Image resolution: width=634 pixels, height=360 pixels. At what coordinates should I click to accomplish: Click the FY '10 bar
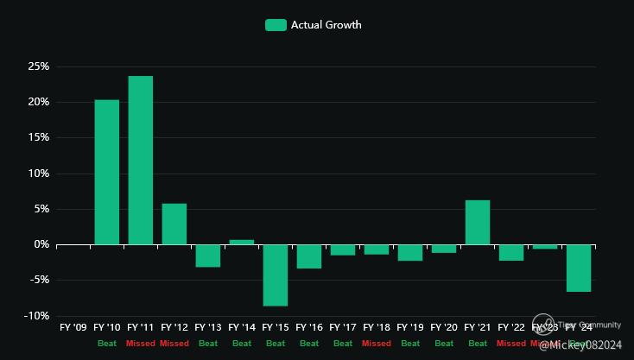107,172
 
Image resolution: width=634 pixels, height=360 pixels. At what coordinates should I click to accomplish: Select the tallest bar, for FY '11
141,161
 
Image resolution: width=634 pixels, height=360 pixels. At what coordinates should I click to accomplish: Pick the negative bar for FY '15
276,275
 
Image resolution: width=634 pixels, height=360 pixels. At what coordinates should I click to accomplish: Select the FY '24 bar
579,268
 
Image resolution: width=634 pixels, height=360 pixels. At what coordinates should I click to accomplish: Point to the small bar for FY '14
242,242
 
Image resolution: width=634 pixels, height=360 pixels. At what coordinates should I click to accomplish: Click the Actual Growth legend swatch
276,25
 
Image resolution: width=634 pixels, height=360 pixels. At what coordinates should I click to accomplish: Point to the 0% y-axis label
41,244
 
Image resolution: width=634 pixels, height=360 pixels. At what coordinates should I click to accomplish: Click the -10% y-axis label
35,316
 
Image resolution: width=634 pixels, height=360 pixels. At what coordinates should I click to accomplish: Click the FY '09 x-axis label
73,328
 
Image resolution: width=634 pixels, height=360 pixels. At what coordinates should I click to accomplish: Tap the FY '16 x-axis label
309,328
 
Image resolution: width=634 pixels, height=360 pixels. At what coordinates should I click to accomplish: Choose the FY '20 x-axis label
444,328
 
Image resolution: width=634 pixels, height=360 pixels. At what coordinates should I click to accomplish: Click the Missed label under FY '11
141,344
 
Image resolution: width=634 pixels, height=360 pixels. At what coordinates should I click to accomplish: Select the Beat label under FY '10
107,344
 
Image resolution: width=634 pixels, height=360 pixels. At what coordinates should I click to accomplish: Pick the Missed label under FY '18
377,344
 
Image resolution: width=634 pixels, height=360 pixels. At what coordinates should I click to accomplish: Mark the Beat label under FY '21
478,344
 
